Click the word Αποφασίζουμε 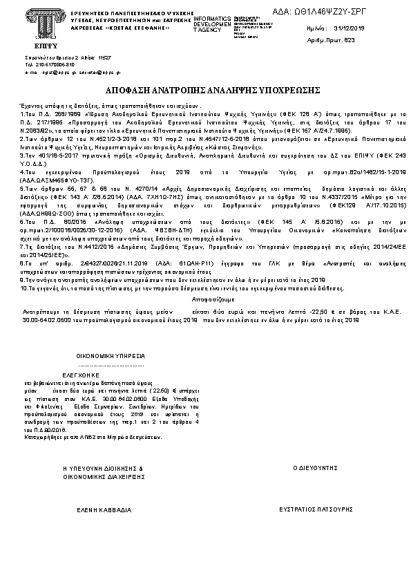point(205,301)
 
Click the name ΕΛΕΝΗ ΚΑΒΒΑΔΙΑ point(103,509)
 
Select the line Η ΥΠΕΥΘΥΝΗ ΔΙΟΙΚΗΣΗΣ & point(103,468)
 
